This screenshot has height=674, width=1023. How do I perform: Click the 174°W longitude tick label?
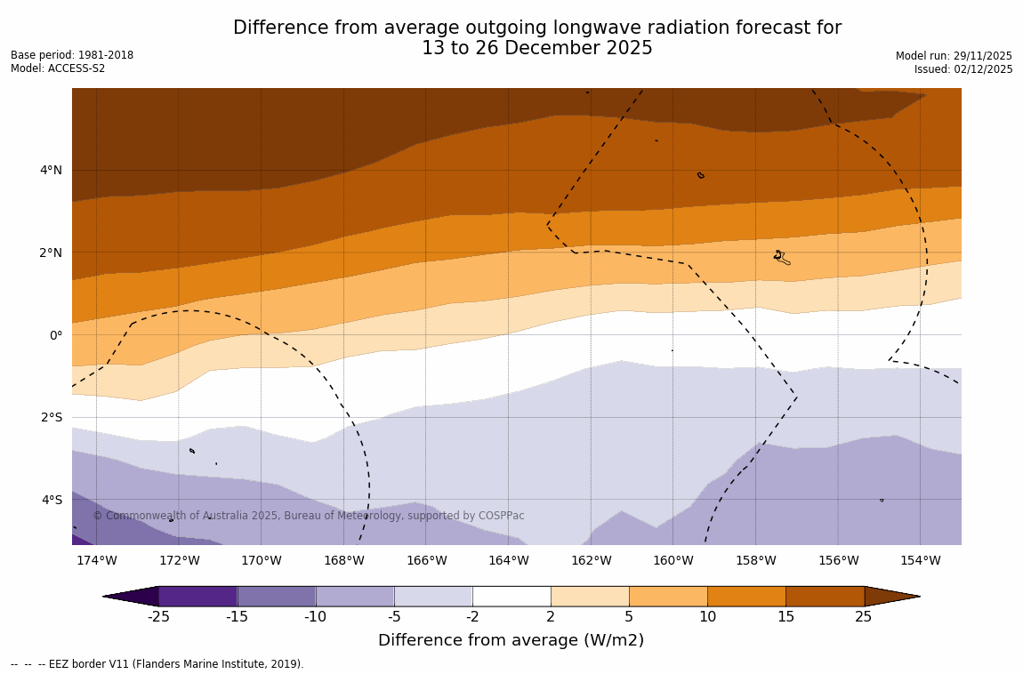click(96, 560)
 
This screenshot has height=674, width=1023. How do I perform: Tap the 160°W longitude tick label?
click(673, 560)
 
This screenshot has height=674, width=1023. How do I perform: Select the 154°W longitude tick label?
click(920, 560)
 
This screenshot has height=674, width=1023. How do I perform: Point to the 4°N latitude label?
click(51, 170)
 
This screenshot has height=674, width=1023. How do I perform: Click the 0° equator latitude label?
click(56, 335)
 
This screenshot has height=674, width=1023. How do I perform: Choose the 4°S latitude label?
click(51, 500)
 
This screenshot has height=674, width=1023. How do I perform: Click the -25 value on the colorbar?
click(158, 616)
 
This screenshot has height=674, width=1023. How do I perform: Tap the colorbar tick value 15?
click(785, 616)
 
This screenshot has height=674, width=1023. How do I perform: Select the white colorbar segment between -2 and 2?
click(511, 596)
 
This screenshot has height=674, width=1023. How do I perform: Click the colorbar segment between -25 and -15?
click(197, 596)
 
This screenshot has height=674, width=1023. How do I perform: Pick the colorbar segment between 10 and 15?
click(746, 596)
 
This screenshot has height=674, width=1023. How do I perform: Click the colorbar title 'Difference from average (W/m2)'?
click(511, 640)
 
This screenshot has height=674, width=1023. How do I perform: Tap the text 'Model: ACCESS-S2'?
click(58, 68)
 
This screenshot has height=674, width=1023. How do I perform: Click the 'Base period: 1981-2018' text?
click(72, 55)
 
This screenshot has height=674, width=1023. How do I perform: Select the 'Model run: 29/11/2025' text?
click(954, 56)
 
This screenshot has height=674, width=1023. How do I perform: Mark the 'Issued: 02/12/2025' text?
click(963, 69)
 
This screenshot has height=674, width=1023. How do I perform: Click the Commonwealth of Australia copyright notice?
click(309, 516)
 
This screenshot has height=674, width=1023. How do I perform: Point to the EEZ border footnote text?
click(157, 664)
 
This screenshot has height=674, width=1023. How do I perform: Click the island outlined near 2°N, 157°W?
click(781, 257)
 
